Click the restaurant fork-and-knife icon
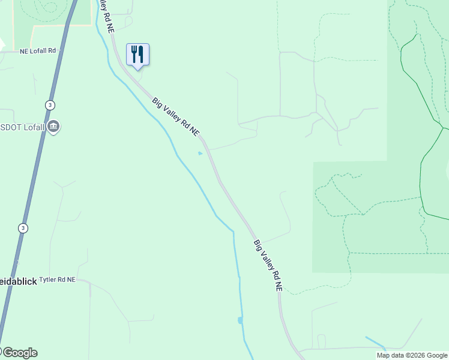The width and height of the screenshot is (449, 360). (137, 55)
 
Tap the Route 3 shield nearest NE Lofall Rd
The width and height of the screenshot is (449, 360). (50, 105)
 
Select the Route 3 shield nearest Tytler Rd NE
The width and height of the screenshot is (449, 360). (23, 228)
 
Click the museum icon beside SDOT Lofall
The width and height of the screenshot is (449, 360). (53, 127)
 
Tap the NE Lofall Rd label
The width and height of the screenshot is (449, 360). (41, 51)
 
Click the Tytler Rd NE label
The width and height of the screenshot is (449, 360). (58, 280)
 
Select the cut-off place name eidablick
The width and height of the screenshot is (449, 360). (18, 281)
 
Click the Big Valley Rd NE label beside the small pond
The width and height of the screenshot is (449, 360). (175, 117)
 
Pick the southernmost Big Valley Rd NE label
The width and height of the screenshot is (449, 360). (268, 266)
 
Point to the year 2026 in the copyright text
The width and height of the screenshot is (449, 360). (415, 355)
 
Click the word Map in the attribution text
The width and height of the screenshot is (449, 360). (384, 355)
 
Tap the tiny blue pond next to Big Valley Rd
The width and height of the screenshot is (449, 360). (200, 153)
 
